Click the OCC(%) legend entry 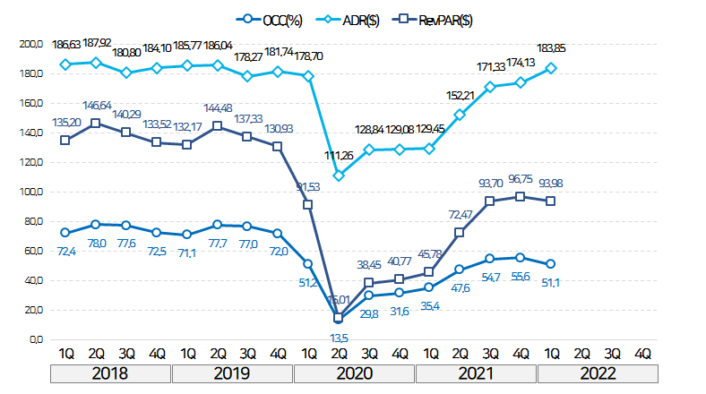click(x=274, y=20)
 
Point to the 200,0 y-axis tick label click(x=30, y=43)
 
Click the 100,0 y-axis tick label click(x=30, y=192)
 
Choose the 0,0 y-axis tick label click(x=35, y=340)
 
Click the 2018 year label click(x=111, y=373)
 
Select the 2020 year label click(x=354, y=373)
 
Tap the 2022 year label click(x=598, y=373)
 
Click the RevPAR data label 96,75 click(x=522, y=179)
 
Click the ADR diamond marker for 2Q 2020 click(x=338, y=176)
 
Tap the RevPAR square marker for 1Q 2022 click(x=551, y=201)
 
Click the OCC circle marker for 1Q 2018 click(x=65, y=233)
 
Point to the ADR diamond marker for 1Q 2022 click(x=551, y=68)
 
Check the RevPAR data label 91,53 click(x=308, y=186)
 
